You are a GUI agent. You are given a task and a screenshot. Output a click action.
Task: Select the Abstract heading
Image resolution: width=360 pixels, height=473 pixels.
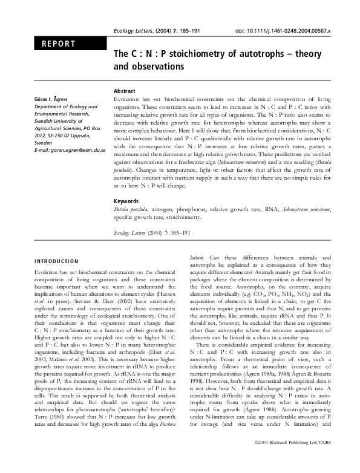click(125, 90)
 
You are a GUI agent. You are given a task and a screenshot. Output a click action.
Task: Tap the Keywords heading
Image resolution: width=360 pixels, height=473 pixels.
click(126, 201)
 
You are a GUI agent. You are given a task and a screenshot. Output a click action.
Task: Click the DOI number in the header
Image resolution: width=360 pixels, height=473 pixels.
click(283, 31)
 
